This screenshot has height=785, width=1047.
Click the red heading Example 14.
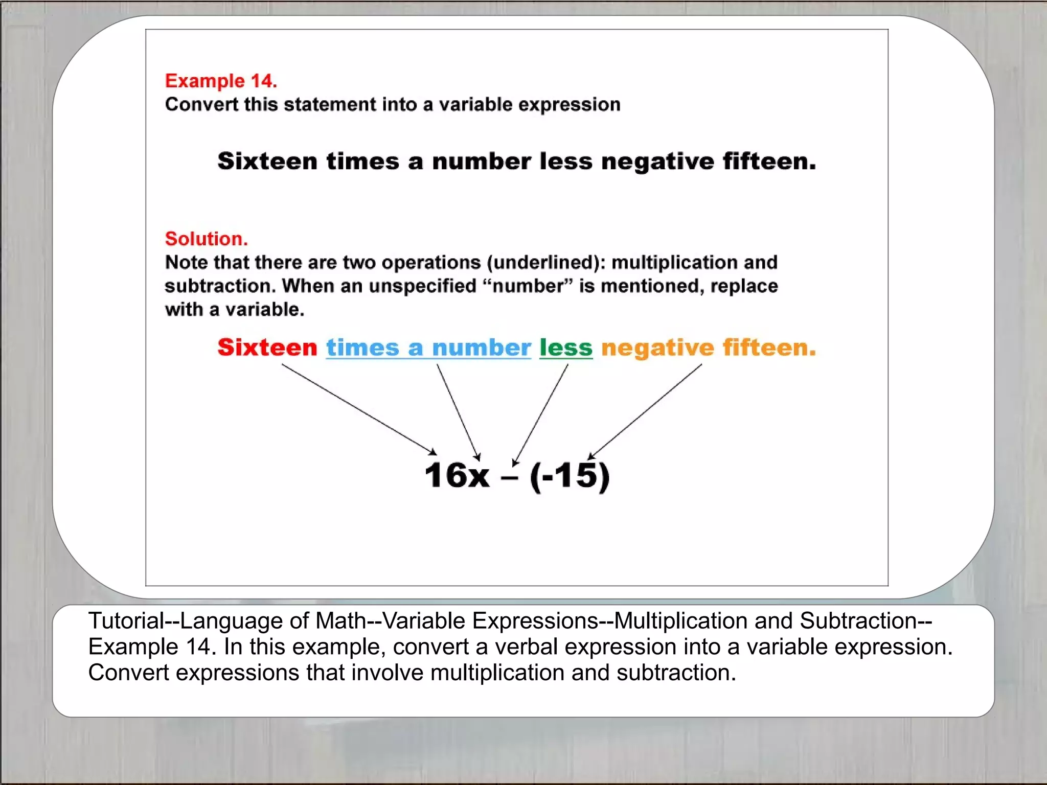[221, 81]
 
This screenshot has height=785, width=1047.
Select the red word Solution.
[206, 239]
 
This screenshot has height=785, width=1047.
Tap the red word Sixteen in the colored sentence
[267, 348]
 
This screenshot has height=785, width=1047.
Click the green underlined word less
[566, 348]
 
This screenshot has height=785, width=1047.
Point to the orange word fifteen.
[769, 348]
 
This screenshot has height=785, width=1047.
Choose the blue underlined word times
[362, 348]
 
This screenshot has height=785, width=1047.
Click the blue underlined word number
[482, 348]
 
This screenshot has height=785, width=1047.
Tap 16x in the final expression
[457, 475]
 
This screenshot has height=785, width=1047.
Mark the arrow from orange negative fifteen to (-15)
[645, 411]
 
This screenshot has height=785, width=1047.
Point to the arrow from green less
[540, 414]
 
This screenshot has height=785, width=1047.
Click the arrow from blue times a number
[459, 411]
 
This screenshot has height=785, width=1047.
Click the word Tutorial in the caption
[126, 621]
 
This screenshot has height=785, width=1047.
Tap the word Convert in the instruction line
[202, 105]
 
